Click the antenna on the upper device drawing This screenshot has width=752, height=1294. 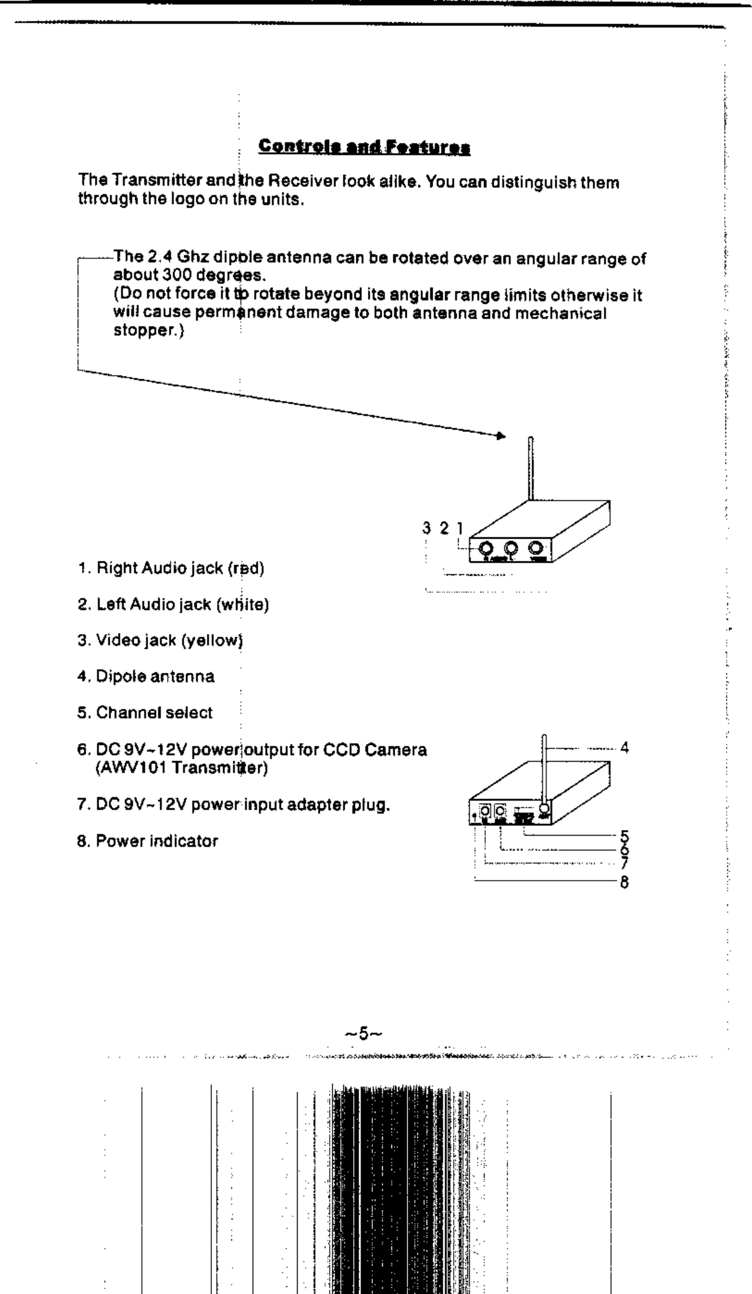[x=531, y=468]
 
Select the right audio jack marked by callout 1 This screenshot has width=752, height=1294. [x=486, y=548]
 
